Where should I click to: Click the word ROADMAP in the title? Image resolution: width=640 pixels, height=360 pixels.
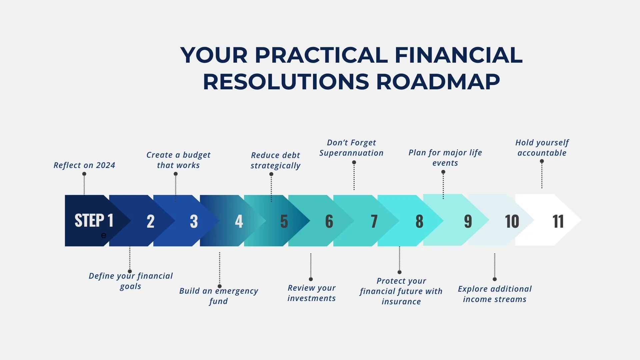(438, 82)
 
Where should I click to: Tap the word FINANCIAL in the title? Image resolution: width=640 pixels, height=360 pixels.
(458, 55)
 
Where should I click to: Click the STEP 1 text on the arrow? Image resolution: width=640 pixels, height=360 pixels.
(94, 220)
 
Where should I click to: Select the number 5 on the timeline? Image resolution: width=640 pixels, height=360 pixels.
(284, 221)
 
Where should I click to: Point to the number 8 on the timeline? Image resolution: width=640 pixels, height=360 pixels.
(419, 221)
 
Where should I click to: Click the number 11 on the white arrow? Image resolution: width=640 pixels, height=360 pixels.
(558, 221)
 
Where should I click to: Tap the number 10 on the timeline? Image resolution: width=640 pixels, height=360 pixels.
(512, 221)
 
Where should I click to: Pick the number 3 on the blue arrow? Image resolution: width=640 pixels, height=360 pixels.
(194, 221)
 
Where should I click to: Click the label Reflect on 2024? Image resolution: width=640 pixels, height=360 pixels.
(84, 165)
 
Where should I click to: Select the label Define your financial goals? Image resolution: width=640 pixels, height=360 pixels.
(131, 281)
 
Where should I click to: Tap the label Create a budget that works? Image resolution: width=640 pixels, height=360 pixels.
(178, 160)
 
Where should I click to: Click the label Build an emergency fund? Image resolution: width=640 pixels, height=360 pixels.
(219, 296)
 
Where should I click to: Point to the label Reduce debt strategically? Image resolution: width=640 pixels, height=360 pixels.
(276, 160)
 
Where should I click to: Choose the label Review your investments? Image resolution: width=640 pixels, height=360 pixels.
(312, 293)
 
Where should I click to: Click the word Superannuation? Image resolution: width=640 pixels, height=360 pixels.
(351, 153)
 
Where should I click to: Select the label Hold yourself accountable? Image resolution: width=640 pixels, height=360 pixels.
(542, 148)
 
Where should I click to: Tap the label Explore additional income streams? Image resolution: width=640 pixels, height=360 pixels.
(495, 294)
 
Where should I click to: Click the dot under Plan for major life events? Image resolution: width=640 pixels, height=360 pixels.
(443, 172)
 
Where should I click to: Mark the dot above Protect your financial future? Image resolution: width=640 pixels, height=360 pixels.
(400, 272)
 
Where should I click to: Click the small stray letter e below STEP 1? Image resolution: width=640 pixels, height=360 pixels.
(104, 236)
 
